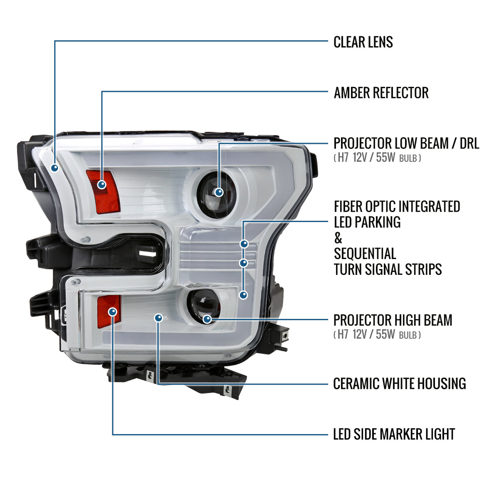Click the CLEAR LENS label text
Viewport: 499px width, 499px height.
pyautogui.click(x=363, y=42)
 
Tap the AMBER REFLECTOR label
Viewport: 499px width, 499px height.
pyautogui.click(x=381, y=93)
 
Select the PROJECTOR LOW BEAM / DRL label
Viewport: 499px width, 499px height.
pyautogui.click(x=406, y=143)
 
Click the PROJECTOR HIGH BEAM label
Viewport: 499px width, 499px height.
pyautogui.click(x=393, y=320)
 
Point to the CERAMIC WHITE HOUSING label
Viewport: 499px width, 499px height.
pyautogui.click(x=399, y=383)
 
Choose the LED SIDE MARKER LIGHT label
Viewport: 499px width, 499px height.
pyautogui.click(x=394, y=434)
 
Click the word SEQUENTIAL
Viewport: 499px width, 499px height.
pyautogui.click(x=365, y=254)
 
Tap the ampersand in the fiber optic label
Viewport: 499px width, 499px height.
pyautogui.click(x=338, y=238)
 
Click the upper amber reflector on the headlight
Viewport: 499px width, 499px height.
pyautogui.click(x=103, y=191)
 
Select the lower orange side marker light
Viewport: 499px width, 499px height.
pyautogui.click(x=109, y=310)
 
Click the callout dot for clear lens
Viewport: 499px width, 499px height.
pyautogui.click(x=54, y=168)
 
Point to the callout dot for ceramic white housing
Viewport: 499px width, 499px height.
pyautogui.click(x=158, y=318)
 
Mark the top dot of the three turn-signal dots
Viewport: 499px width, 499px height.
pyautogui.click(x=244, y=244)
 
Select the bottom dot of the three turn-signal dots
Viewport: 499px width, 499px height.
pyautogui.click(x=244, y=295)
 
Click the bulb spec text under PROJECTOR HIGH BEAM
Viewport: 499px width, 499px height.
pyautogui.click(x=377, y=334)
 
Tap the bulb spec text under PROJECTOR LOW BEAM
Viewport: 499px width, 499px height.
pyautogui.click(x=377, y=158)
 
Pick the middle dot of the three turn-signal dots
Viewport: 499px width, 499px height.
pyautogui.click(x=244, y=263)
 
